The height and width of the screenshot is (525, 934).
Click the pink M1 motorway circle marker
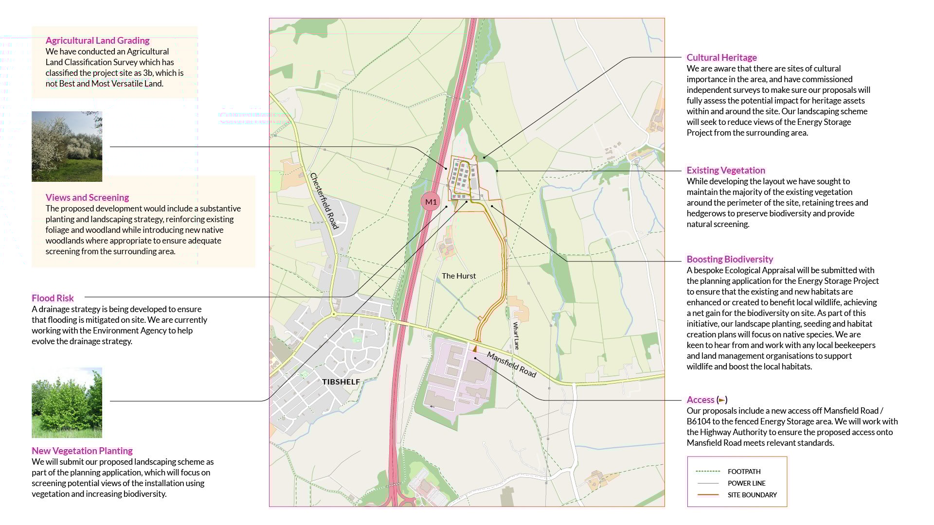click(x=431, y=202)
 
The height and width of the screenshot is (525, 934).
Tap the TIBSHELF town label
click(x=341, y=382)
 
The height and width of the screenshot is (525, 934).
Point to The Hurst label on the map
click(x=459, y=276)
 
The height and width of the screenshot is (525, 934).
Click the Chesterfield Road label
click(x=324, y=201)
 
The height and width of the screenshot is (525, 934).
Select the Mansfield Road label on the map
click(x=511, y=365)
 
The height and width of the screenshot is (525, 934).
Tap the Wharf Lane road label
click(x=516, y=335)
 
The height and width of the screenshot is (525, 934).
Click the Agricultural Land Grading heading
click(x=97, y=41)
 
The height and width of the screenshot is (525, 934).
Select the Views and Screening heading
click(x=87, y=198)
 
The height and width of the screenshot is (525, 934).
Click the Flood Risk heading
click(x=53, y=298)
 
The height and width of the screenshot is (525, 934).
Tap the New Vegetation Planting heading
click(x=82, y=451)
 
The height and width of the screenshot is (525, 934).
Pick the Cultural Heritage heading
click(x=721, y=58)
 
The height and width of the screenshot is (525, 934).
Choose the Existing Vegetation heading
click(x=726, y=171)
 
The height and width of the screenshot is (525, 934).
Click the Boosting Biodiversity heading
click(x=730, y=260)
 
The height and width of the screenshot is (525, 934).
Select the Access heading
click(x=700, y=400)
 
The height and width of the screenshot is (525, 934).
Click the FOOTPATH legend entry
click(x=744, y=472)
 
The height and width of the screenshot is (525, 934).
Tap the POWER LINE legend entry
click(x=746, y=483)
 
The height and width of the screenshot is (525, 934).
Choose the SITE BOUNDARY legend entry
click(x=752, y=495)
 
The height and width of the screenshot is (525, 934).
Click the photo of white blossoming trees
click(x=67, y=146)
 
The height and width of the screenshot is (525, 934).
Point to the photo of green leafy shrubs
click(x=67, y=402)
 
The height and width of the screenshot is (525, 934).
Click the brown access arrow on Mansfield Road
click(x=475, y=349)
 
